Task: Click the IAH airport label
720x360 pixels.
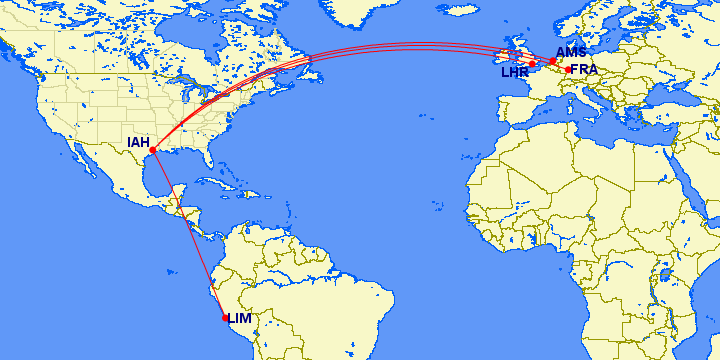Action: click(138, 142)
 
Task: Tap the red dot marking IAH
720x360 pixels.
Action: click(152, 151)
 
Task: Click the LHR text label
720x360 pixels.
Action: click(515, 72)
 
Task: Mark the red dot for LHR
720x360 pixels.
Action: click(533, 64)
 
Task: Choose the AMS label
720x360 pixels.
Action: click(571, 52)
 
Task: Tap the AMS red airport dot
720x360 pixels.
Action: click(552, 61)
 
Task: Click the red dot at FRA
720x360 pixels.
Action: click(568, 69)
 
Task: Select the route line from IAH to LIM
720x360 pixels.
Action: click(188, 234)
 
